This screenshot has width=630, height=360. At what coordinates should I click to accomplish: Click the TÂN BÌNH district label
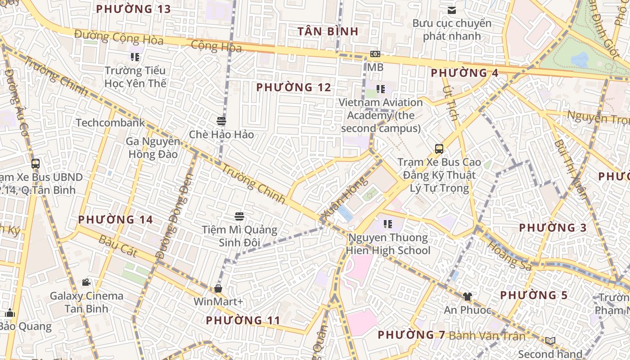click(328, 31)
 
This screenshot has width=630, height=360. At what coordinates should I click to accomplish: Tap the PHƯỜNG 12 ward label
click(293, 87)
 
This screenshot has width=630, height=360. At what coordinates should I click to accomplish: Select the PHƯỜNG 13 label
click(133, 9)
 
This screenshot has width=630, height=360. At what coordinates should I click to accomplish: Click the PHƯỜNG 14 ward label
click(116, 220)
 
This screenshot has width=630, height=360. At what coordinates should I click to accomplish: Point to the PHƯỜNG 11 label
click(243, 320)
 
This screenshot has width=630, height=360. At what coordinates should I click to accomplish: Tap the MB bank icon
click(375, 54)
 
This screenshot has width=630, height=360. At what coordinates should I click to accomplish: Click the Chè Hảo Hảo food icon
click(221, 121)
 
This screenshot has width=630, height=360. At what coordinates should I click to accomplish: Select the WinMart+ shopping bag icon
click(218, 288)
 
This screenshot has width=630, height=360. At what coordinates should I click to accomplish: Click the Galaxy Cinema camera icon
click(86, 283)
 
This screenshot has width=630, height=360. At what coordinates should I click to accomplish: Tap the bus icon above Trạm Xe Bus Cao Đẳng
click(439, 148)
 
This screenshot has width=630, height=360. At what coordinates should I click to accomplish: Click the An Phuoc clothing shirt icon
click(467, 297)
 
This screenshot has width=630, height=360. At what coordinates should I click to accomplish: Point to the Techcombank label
click(110, 123)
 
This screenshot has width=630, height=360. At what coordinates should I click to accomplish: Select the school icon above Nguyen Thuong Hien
click(388, 224)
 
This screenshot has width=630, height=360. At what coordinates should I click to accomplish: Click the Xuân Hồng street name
click(345, 198)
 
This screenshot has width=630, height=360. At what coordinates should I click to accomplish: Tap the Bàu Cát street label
click(118, 246)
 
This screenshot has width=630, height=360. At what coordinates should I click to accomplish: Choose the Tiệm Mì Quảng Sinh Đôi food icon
click(239, 216)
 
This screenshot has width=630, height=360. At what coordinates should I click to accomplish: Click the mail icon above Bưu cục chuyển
click(452, 10)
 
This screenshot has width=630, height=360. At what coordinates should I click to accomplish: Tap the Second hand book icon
click(550, 341)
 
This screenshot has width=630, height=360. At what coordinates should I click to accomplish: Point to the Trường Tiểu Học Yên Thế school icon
click(135, 57)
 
